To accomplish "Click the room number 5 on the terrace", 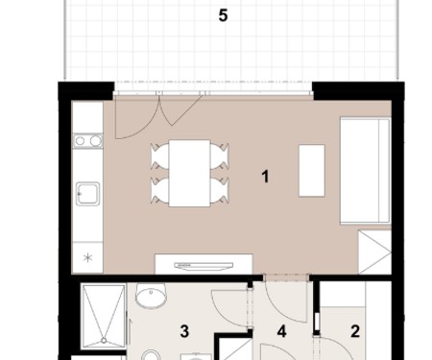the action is click(x=223, y=15).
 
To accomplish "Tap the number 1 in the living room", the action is click(x=265, y=177).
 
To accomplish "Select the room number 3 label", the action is click(x=184, y=331).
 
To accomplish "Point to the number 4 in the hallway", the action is click(x=281, y=331).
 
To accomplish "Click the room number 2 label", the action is click(x=355, y=331).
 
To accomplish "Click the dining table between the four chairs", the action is click(x=189, y=173).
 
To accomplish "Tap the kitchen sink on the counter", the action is click(x=87, y=194).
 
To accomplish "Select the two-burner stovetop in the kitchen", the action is click(x=87, y=140).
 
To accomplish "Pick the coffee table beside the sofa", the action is click(x=312, y=171).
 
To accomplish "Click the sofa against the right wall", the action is click(x=366, y=170).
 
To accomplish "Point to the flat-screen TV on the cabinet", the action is click(x=204, y=266).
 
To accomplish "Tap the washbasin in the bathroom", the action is click(x=151, y=295).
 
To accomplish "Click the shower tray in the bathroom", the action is click(x=104, y=317).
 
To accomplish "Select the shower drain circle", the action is click(x=104, y=341).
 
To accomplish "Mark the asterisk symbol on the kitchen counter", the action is click(x=87, y=257).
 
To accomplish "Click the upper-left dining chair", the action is click(x=159, y=156).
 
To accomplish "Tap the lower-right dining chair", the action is click(x=220, y=191).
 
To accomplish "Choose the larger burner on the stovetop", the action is click(x=95, y=140).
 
